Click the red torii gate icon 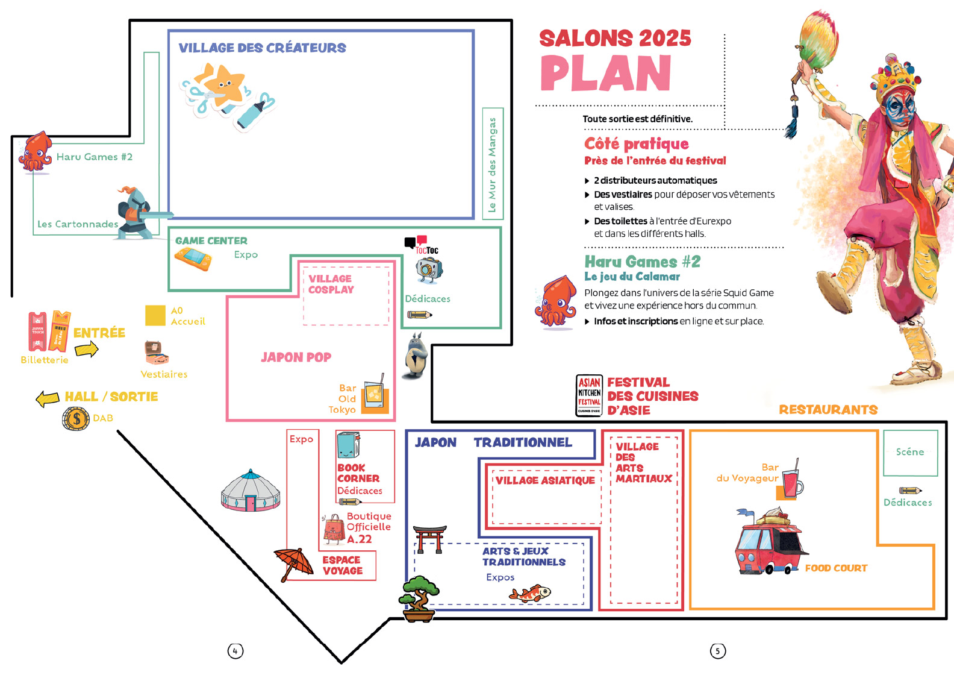430,538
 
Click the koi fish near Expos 530,594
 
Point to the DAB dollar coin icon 76,418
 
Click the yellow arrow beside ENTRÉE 87,349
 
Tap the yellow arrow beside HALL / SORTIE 48,398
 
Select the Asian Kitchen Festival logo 589,395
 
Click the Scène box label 909,452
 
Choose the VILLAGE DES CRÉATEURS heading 262,48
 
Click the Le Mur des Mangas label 492,165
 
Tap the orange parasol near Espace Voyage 294,562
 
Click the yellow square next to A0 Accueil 155,315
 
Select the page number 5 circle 717,651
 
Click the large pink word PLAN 605,74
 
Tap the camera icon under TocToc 429,269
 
